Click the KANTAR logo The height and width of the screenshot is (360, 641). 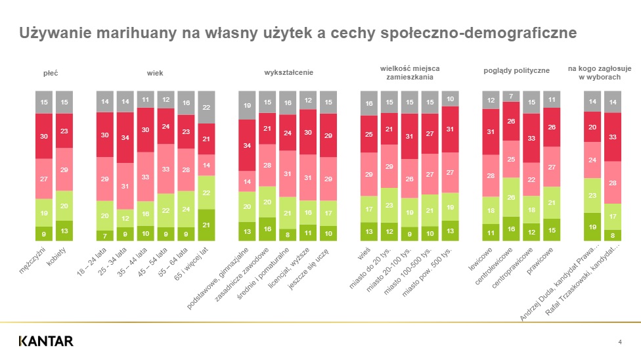46,340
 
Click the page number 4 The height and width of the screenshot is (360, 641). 620,341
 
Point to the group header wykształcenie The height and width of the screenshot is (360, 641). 288,72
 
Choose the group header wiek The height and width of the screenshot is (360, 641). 155,72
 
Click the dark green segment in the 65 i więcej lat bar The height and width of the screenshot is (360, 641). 206,225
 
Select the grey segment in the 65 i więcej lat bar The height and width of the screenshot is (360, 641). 206,107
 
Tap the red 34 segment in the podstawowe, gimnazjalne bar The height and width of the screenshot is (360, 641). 247,145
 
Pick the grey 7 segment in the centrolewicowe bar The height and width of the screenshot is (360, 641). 511,96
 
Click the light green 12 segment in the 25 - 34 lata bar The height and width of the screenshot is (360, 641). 125,217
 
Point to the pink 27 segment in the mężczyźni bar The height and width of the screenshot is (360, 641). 44,178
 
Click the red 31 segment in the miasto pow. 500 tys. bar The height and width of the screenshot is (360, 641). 451,129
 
